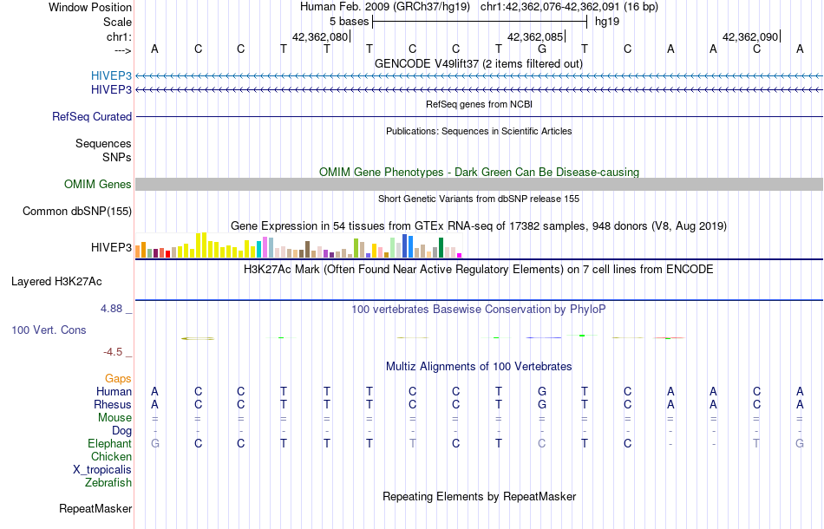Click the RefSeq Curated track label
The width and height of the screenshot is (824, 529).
click(92, 116)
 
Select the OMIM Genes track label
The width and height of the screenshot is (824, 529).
click(98, 184)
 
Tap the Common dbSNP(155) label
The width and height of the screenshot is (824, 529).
click(77, 211)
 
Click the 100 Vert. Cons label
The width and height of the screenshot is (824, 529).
click(49, 330)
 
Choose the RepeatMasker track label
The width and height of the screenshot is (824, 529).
click(95, 507)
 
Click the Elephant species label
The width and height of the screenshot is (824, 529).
click(109, 443)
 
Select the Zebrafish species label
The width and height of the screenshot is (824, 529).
click(108, 482)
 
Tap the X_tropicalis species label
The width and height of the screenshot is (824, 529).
click(102, 469)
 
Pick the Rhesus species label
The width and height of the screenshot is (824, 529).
click(114, 404)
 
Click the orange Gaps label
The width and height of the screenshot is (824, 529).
click(118, 378)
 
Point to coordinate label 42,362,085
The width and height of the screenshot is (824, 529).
click(535, 37)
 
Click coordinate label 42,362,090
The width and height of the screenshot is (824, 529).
click(750, 37)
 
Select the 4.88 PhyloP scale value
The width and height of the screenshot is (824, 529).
click(116, 308)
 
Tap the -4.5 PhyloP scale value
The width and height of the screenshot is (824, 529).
click(117, 352)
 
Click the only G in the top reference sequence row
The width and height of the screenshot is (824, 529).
click(542, 49)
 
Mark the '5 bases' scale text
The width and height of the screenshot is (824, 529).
click(349, 21)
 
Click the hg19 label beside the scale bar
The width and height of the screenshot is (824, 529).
click(606, 21)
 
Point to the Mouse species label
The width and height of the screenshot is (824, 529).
click(114, 417)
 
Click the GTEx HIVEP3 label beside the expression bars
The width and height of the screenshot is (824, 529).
click(111, 248)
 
